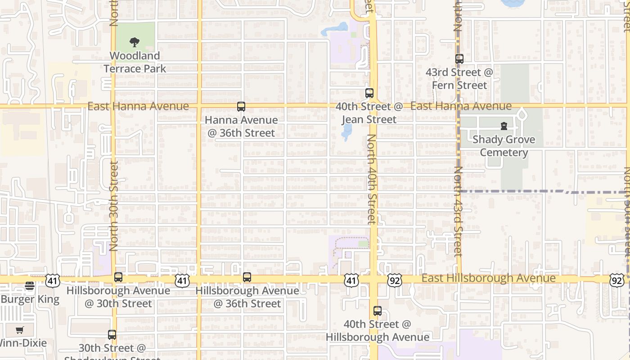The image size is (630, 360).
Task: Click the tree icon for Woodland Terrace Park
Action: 134,43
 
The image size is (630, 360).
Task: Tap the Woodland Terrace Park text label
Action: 135,62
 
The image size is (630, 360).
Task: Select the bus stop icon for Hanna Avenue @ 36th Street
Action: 241,107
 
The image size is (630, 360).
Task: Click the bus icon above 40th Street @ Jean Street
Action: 369,93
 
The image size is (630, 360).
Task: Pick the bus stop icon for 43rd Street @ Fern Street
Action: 459,59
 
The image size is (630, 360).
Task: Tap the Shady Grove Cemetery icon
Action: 504,126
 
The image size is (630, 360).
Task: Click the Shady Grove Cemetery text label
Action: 504,146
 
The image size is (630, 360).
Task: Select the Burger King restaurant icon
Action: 30,286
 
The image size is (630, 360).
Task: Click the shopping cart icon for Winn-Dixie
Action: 19,330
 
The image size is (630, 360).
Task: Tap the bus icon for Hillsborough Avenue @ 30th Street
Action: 118,277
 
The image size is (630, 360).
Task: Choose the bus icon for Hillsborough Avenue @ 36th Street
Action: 247,277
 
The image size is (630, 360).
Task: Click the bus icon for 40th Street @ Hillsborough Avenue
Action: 378,311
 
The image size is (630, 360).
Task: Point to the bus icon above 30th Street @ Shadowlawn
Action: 112,335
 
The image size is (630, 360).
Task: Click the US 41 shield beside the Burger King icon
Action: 52,280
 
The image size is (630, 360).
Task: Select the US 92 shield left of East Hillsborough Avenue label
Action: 394,280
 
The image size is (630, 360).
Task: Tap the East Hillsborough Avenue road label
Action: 488,278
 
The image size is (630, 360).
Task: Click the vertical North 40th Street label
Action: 372,179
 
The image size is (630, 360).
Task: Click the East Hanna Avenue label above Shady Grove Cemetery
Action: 461,106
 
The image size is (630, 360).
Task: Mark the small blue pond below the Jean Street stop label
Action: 346,131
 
